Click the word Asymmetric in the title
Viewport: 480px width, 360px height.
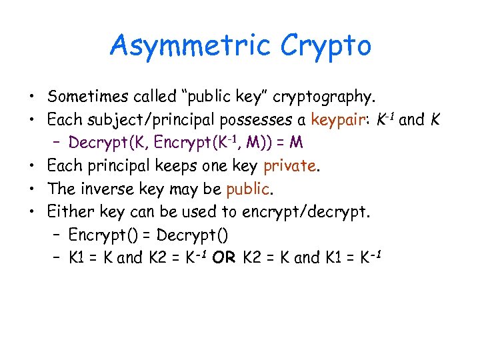[x=191, y=45]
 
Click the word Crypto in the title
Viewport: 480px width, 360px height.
[x=326, y=45]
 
